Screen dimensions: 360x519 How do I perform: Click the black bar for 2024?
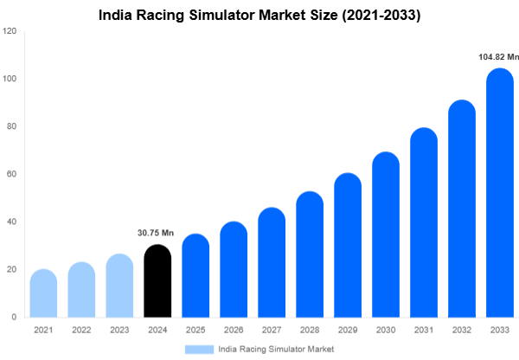click(157, 282)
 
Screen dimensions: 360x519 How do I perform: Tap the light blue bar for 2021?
click(43, 294)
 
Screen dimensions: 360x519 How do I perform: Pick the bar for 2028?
click(310, 255)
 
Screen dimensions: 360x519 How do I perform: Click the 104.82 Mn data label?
click(498, 57)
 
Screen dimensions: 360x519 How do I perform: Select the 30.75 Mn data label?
click(157, 233)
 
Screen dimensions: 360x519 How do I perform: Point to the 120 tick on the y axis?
click(10, 31)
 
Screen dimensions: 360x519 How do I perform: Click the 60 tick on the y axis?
click(12, 174)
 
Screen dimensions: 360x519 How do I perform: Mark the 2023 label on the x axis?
click(119, 330)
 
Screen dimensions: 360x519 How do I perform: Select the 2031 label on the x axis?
click(424, 330)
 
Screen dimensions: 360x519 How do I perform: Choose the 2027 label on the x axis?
click(272, 330)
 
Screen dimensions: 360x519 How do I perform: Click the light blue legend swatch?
click(199, 349)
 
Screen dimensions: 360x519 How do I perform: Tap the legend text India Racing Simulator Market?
click(276, 349)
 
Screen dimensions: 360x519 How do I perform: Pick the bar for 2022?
click(81, 290)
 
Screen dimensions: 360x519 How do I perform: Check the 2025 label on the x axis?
click(195, 330)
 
